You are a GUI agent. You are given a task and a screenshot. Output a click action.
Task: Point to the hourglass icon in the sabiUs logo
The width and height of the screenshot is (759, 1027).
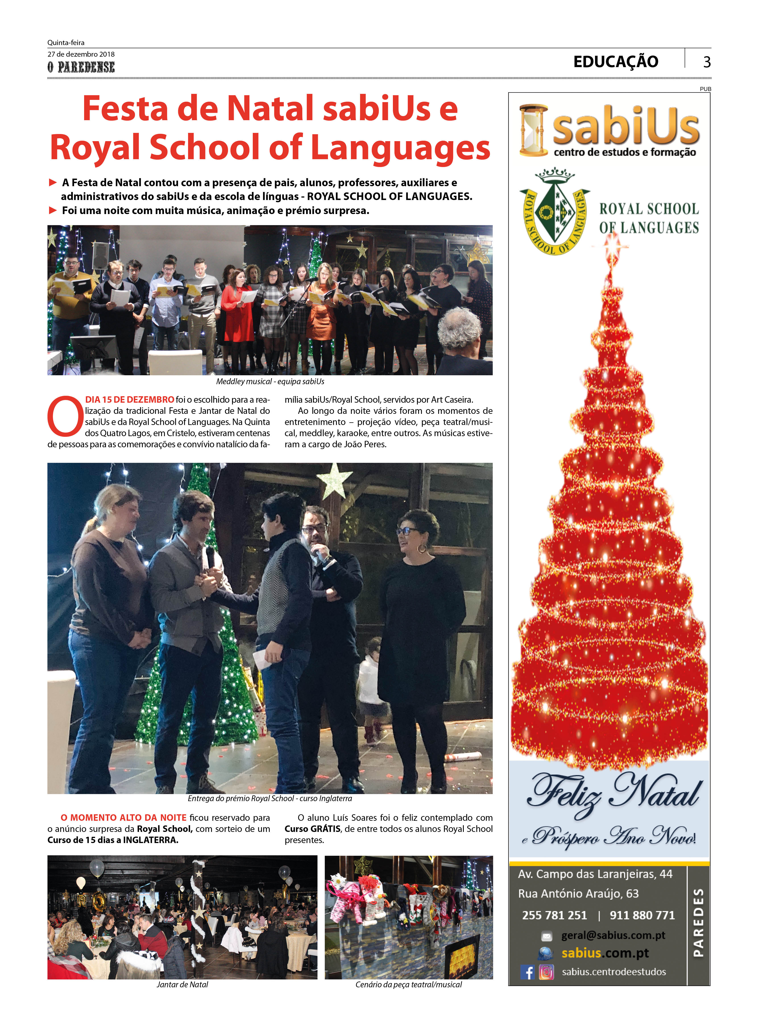(533, 130)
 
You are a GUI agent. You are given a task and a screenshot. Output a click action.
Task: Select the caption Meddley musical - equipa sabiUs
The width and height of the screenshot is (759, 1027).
(270, 382)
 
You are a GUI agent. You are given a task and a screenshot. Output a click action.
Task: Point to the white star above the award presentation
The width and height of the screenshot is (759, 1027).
(335, 480)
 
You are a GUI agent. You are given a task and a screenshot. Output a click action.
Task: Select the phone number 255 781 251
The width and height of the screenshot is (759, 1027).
(555, 915)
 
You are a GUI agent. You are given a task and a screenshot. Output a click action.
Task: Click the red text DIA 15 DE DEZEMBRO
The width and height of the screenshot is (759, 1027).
(130, 399)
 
